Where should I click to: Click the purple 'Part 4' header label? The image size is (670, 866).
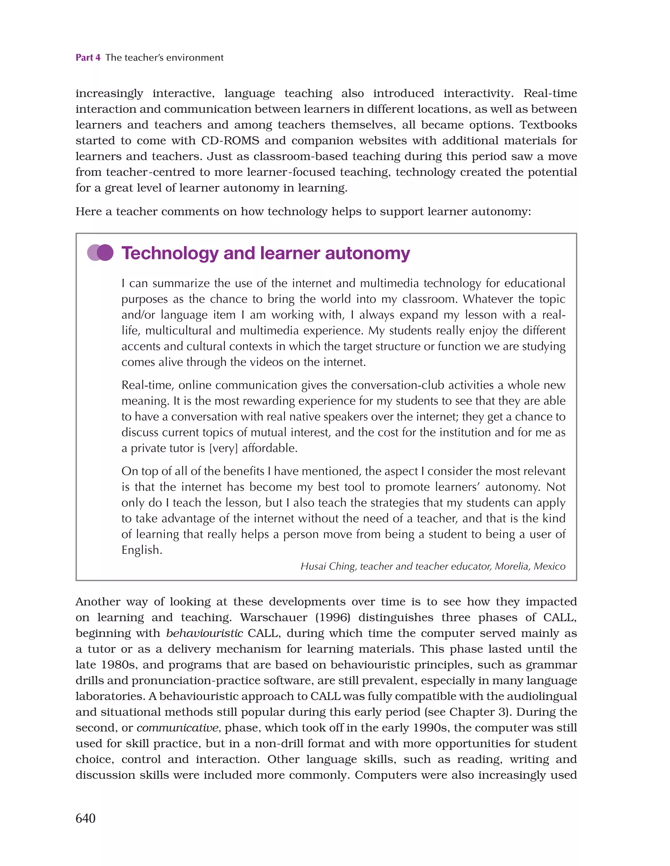click(88, 58)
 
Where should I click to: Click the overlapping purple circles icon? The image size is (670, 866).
click(100, 253)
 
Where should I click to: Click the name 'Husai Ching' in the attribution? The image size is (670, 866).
click(328, 566)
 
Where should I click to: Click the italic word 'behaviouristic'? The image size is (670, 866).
click(204, 633)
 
